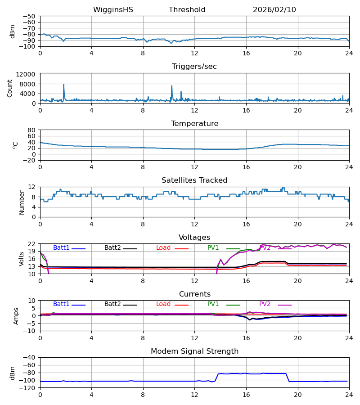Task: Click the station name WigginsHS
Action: [113, 10]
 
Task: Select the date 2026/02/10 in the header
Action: [274, 10]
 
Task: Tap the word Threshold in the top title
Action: [187, 10]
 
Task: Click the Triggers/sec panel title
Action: [194, 67]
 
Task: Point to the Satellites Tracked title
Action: [194, 180]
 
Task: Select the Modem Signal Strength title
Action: [194, 351]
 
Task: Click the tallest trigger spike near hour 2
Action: [63, 85]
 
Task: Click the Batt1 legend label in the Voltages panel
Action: [61, 248]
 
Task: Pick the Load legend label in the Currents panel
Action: [163, 304]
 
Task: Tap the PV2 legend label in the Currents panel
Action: [265, 304]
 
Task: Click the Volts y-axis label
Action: [22, 259]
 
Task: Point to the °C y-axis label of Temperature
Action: [15, 145]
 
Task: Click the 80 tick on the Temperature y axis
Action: [31, 130]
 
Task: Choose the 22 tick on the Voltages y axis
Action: [31, 244]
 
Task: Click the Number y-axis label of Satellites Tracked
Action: [22, 202]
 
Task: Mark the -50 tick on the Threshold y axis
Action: [30, 16]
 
